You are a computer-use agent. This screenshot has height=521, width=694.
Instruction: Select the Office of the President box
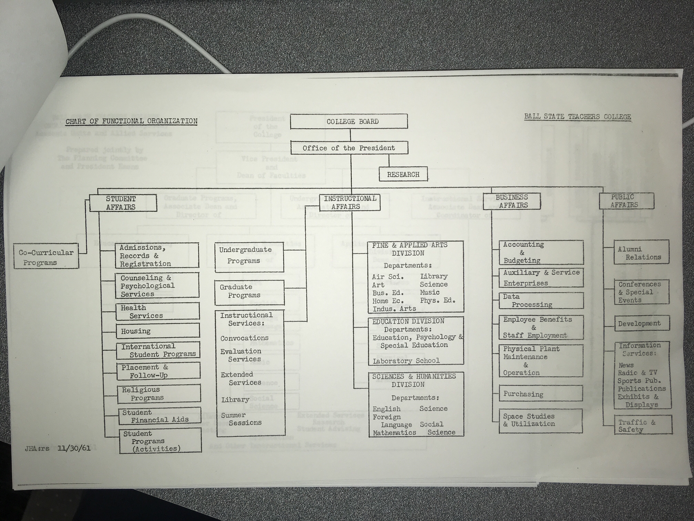tap(349, 148)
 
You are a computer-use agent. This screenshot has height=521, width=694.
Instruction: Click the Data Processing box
tap(541, 300)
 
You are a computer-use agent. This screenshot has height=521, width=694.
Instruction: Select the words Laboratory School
tap(406, 361)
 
